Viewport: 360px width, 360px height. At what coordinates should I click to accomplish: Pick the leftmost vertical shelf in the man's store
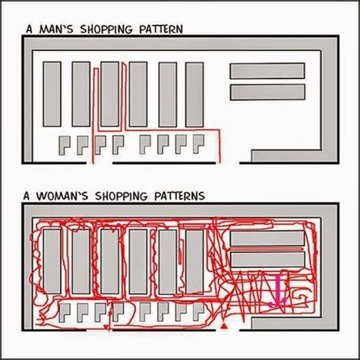[52, 94]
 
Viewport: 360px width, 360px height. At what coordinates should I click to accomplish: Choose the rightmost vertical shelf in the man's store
[195, 94]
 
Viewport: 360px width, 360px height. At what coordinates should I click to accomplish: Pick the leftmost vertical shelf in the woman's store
[52, 261]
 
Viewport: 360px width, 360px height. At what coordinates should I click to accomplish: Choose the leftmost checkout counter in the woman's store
[64, 311]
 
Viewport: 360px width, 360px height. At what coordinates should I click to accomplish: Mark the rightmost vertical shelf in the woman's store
[195, 261]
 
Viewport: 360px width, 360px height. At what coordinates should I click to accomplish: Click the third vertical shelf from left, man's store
[109, 94]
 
